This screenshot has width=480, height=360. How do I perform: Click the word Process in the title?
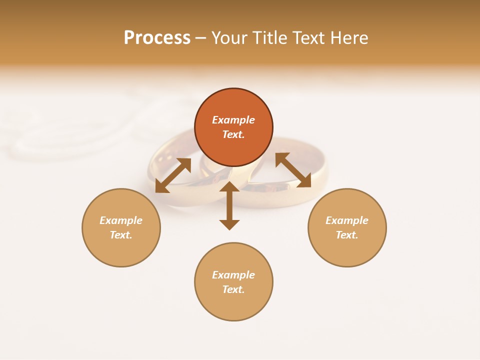(157, 38)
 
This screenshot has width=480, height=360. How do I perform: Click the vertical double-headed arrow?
(229, 206)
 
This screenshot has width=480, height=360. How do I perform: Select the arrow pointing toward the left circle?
(173, 175)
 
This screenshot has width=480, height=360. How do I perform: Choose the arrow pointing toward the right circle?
(293, 170)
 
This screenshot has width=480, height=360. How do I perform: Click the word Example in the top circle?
(233, 120)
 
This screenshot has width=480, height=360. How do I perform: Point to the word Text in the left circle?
(120, 235)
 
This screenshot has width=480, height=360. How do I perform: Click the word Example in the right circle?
(347, 220)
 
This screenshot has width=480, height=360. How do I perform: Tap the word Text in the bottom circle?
(233, 289)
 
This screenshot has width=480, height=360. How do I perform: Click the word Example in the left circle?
(121, 220)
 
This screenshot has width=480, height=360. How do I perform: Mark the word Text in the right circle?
(346, 235)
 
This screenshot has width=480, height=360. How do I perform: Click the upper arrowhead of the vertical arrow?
(229, 187)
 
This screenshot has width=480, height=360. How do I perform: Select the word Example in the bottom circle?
(233, 275)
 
